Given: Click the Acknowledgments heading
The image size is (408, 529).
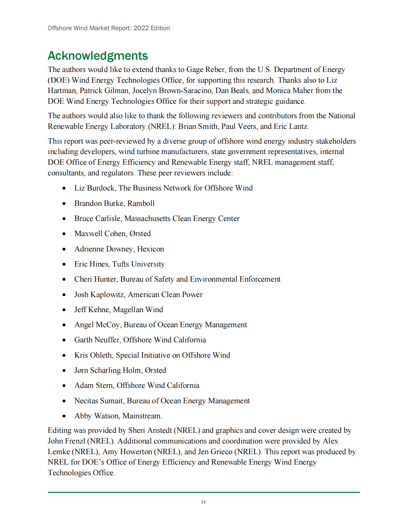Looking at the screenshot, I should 98,56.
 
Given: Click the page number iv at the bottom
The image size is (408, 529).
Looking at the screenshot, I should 204,502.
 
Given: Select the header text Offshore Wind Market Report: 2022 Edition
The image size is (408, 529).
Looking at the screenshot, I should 109,28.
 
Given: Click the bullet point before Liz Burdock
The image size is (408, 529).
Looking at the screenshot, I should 64,188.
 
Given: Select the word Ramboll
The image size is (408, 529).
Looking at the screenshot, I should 141,203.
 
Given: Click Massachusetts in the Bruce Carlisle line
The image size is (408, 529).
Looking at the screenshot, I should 147,218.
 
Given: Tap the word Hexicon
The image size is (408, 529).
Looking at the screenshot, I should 150,249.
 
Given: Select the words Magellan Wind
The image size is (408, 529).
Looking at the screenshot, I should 138,310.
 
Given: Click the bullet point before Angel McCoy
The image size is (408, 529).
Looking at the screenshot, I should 64,325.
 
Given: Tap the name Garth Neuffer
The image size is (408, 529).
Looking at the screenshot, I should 97,340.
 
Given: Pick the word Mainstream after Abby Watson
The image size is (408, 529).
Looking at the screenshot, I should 142,416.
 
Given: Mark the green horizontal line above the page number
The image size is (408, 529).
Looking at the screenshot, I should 204,492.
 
